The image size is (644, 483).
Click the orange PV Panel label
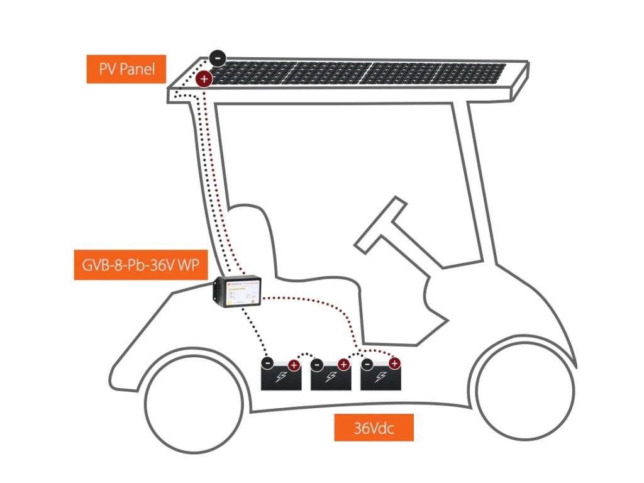pyautogui.click(x=126, y=69)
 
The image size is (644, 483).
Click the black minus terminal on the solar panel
pyautogui.click(x=217, y=58)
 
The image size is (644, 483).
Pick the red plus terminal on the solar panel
pyautogui.click(x=203, y=79)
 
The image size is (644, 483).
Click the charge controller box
pyautogui.click(x=238, y=293)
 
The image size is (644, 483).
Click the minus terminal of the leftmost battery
pyautogui.click(x=267, y=364)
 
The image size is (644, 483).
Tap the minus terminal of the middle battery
pyautogui.click(x=318, y=364)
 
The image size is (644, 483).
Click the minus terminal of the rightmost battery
pyautogui.click(x=367, y=364)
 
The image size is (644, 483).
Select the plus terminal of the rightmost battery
pyautogui.click(x=394, y=364)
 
